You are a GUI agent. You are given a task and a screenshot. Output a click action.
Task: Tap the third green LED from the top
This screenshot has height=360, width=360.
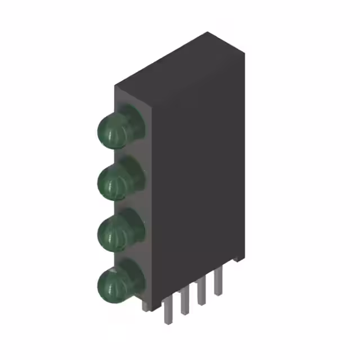coord(114,231)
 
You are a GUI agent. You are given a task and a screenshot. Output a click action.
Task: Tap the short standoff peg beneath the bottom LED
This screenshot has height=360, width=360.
coord(146,306)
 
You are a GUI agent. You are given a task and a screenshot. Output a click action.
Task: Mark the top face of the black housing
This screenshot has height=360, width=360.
coord(180,62)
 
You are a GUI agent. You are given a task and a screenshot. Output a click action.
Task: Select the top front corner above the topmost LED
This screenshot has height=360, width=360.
coord(115,86)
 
